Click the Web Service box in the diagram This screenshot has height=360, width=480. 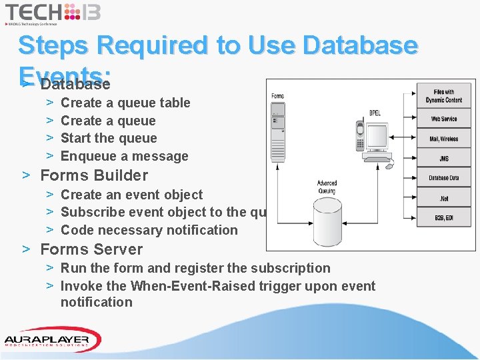click(444, 119)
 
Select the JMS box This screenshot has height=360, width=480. click(444, 159)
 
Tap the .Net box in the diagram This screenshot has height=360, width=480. click(444, 197)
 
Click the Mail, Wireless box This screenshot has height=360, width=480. click(444, 139)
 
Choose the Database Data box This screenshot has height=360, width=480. click(444, 178)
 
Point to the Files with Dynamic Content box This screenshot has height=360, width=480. click(444, 96)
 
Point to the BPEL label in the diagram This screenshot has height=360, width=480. click(375, 113)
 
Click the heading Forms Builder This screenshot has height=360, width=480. click(94, 175)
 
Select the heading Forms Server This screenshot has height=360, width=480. click(91, 249)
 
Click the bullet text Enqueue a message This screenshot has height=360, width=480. click(125, 156)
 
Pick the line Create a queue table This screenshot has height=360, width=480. click(125, 103)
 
